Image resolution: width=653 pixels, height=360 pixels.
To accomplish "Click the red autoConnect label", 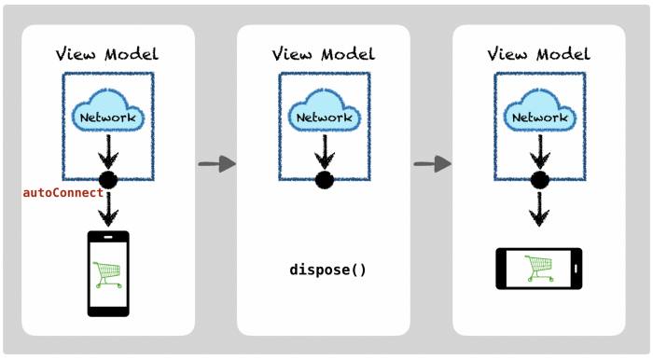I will [x=63, y=193].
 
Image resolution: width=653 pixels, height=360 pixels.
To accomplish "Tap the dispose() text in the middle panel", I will [x=327, y=270].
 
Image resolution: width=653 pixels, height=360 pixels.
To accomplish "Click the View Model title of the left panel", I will [x=108, y=53].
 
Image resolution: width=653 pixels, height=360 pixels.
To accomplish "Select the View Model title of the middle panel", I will [x=324, y=53].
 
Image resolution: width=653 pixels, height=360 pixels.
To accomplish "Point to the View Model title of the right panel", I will [x=539, y=53].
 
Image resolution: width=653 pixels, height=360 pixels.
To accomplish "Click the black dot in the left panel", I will [x=108, y=180].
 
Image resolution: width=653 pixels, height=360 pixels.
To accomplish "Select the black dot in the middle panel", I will [x=325, y=180].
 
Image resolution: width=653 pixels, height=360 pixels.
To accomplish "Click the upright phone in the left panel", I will [x=108, y=273].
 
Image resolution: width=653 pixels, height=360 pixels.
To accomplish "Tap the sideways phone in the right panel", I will [x=538, y=269].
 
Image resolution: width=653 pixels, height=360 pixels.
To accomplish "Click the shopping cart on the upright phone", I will [x=108, y=274].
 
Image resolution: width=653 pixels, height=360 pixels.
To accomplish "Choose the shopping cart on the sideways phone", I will [x=538, y=269].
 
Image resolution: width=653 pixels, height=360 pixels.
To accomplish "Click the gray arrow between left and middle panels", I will [x=216, y=164].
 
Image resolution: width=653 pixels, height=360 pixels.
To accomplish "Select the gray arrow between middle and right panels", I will [x=432, y=164].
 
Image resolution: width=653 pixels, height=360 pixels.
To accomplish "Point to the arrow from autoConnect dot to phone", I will [x=108, y=209].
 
